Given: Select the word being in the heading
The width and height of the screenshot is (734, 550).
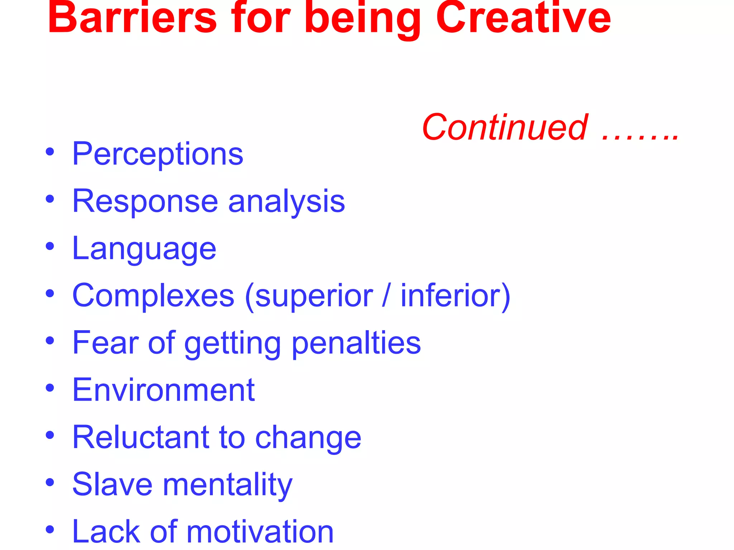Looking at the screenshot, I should point(362,20).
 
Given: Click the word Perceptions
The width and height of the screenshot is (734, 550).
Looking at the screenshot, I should point(158,154).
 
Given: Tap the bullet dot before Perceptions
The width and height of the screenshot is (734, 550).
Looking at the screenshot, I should point(50,151).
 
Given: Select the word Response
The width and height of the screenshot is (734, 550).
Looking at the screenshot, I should point(145,201).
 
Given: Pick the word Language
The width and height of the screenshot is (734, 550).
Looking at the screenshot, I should point(144,249).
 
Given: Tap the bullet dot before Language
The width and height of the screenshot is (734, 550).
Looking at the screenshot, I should point(50,246).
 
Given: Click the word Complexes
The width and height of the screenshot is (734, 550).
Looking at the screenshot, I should point(153,296).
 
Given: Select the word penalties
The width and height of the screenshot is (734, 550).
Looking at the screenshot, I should point(356,343).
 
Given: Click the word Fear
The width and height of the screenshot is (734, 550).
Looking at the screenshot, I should point(105,343).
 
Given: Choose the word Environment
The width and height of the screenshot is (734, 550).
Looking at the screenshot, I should point(163,390).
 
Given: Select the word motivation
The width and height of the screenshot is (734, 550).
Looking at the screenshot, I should point(260,532).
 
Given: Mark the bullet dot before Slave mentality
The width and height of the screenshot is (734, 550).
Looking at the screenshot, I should point(50,482).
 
